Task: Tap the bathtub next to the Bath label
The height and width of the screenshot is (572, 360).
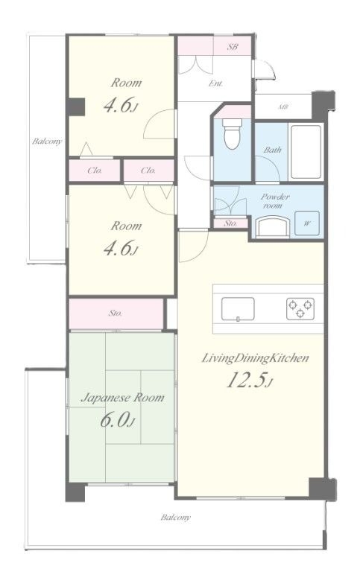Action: [x=306, y=151]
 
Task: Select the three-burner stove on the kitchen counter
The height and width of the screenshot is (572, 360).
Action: [x=300, y=308]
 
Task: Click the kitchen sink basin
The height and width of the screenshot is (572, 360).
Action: [x=238, y=309]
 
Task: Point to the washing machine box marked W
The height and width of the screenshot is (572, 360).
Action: [x=307, y=223]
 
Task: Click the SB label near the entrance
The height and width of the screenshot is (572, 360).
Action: [x=233, y=47]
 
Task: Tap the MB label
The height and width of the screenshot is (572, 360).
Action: [x=283, y=107]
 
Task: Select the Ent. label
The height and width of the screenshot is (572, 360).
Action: [x=215, y=83]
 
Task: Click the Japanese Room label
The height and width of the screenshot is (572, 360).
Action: [x=122, y=398]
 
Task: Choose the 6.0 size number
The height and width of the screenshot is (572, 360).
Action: [x=117, y=420]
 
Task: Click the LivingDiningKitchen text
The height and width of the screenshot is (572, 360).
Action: [x=255, y=358]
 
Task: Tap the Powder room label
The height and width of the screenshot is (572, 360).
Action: [x=275, y=200]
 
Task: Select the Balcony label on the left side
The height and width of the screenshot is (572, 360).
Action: [x=47, y=142]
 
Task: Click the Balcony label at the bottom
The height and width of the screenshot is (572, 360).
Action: [x=176, y=518]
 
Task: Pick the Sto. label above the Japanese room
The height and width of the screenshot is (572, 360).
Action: [x=115, y=313]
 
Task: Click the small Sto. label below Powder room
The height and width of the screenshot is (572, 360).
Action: [x=230, y=223]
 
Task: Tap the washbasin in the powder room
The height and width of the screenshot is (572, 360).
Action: [x=273, y=227]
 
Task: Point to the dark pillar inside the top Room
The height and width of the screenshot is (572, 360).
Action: [x=76, y=107]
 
